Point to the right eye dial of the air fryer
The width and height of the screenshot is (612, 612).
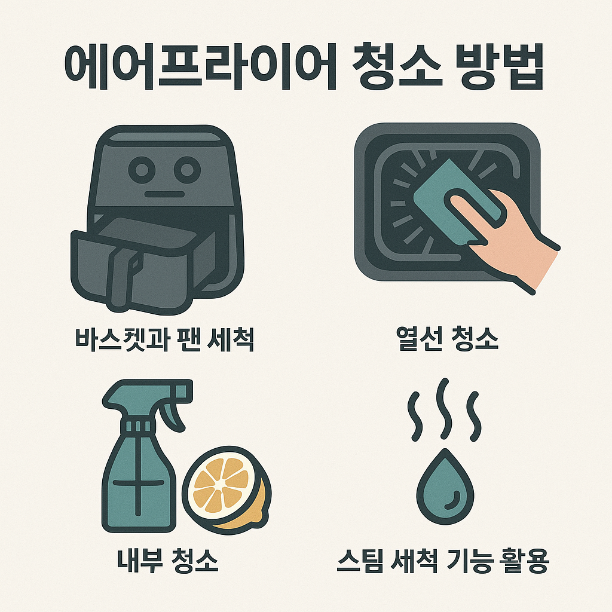click(x=188, y=169)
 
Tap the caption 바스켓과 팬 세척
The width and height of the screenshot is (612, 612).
click(x=164, y=339)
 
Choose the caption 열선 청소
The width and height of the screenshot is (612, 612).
click(x=447, y=339)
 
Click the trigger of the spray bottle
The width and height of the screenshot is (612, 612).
click(x=177, y=412)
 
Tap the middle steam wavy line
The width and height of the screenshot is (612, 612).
click(x=443, y=406)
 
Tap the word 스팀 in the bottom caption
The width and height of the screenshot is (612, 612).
click(x=362, y=562)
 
